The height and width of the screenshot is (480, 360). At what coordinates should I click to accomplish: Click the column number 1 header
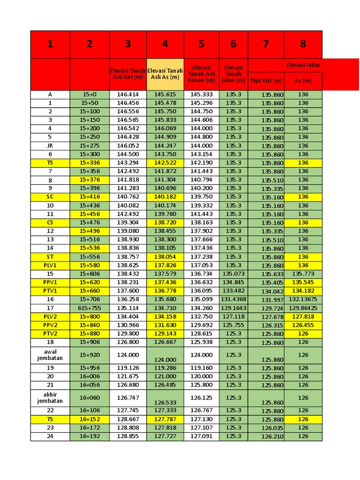[50, 44]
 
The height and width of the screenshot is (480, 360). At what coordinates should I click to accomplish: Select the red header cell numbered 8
[303, 44]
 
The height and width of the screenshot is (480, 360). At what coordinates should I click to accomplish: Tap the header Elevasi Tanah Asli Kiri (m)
[128, 74]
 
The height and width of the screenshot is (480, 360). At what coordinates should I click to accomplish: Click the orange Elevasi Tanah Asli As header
[165, 74]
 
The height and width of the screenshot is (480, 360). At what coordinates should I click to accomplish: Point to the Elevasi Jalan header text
[303, 65]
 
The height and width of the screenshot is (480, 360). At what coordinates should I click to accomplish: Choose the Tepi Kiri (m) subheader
[266, 81]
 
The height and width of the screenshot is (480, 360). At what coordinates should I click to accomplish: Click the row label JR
[50, 146]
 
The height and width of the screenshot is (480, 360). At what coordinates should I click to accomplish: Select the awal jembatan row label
[50, 355]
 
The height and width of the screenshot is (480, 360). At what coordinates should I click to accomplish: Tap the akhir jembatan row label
[50, 397]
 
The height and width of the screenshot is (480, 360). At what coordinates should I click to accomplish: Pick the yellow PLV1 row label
[50, 265]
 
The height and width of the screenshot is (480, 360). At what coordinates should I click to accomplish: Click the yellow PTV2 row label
[50, 333]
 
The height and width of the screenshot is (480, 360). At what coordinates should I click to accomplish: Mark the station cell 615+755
[90, 308]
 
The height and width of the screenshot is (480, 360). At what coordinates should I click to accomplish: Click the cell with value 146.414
[128, 94]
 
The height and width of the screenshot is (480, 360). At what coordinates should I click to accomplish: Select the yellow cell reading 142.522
[165, 163]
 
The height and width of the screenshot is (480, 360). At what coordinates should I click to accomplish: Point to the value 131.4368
[233, 299]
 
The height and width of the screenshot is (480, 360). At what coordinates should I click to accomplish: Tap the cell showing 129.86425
[303, 308]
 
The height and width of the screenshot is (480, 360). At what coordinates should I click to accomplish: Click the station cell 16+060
[90, 397]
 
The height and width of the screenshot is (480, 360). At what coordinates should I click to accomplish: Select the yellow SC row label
[50, 197]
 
